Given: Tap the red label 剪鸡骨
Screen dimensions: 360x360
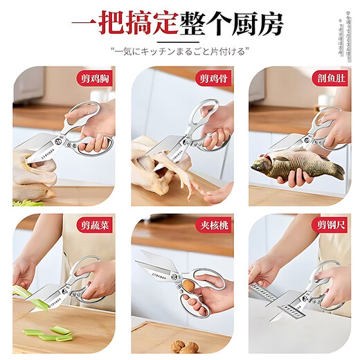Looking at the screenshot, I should point(214,78).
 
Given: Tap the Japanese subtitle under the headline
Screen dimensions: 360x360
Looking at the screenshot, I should point(180,52).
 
